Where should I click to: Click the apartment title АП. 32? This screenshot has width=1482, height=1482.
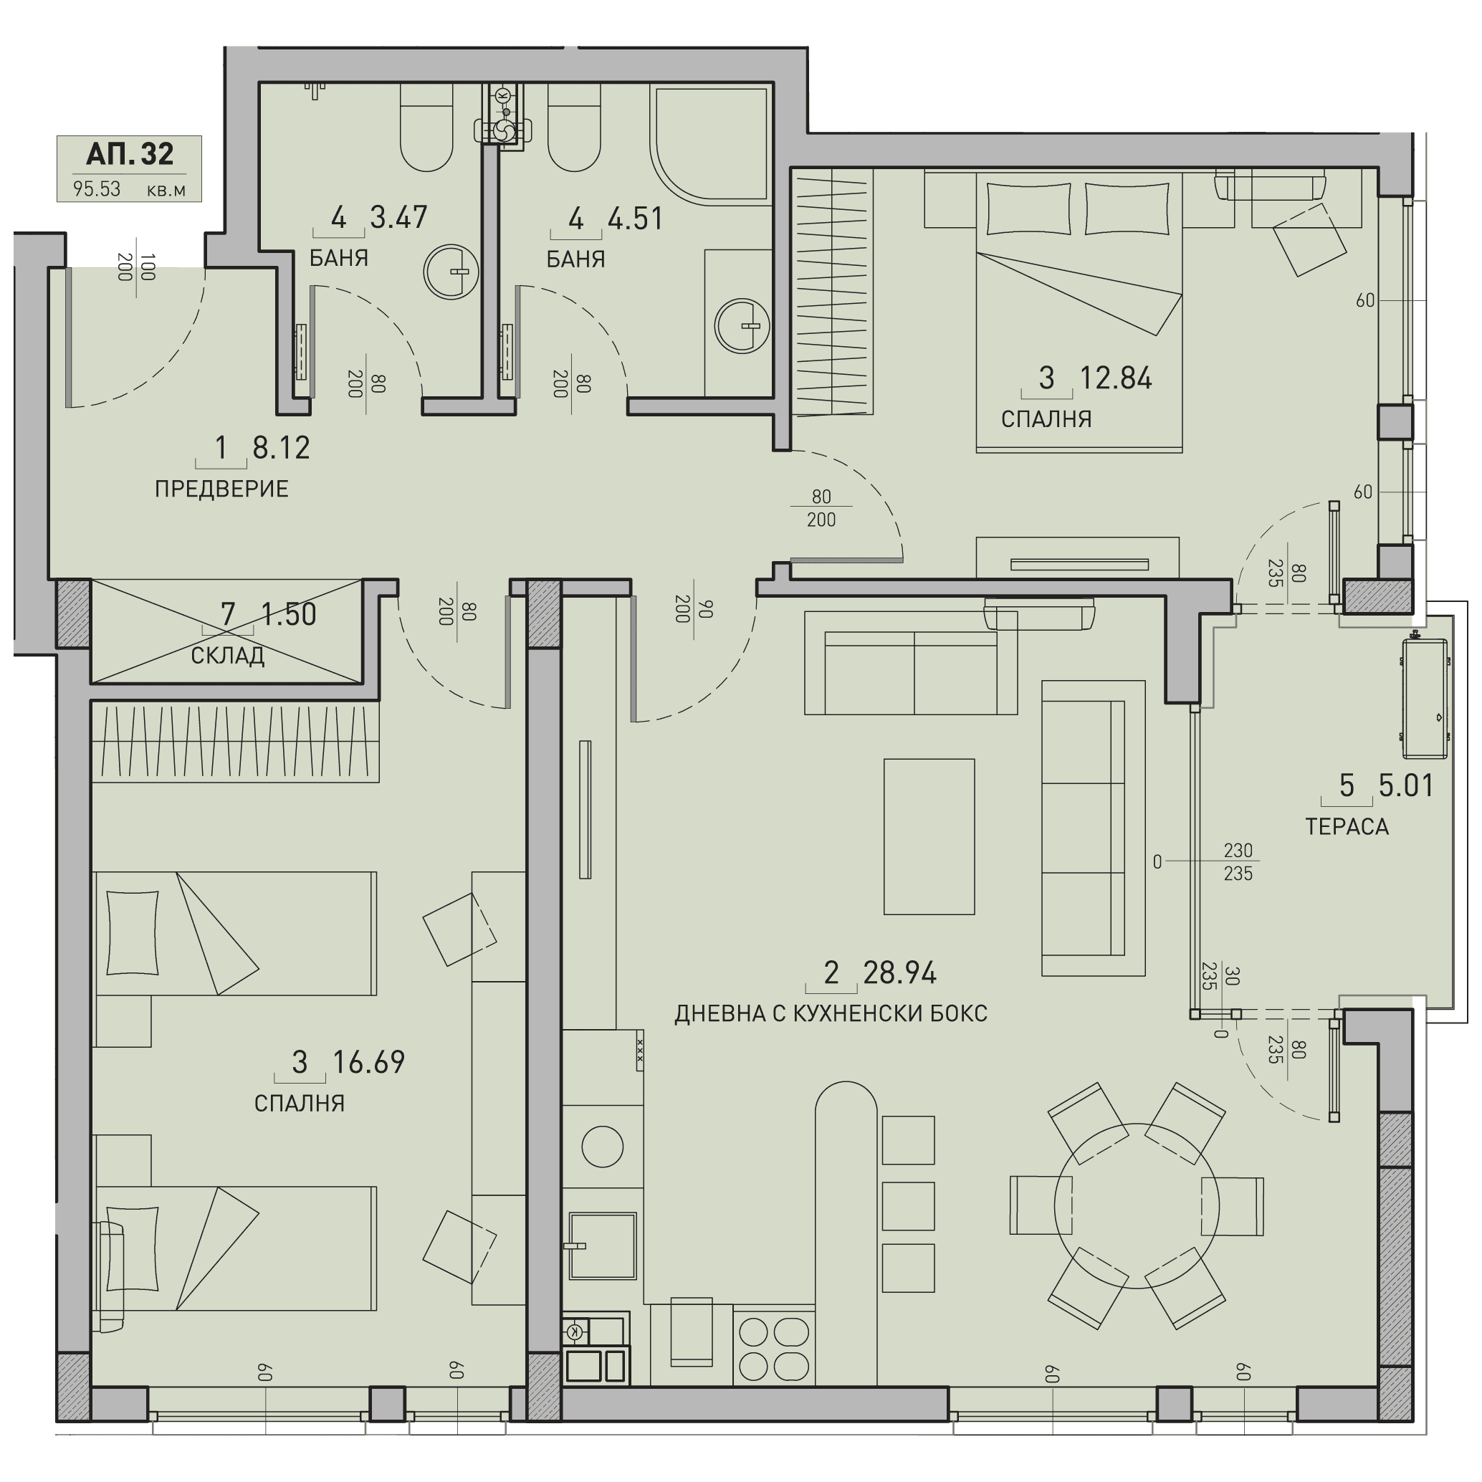(130, 154)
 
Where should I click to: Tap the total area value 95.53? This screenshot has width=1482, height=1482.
(97, 188)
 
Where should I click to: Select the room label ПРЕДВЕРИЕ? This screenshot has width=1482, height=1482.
(221, 489)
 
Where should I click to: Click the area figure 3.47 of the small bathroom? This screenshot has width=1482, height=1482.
(398, 217)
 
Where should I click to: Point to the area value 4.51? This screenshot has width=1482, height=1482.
(635, 219)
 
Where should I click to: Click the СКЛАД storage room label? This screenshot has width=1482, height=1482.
(228, 655)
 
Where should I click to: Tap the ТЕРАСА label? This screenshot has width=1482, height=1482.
(1347, 826)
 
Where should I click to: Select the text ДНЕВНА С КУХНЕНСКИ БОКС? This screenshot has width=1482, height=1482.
(831, 1013)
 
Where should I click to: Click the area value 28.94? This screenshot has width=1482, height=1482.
(900, 972)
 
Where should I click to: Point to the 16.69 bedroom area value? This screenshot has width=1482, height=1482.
(368, 1061)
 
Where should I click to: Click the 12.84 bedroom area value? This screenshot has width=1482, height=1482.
(1116, 378)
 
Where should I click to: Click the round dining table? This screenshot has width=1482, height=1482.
(1136, 1206)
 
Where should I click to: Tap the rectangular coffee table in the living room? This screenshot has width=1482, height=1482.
(929, 837)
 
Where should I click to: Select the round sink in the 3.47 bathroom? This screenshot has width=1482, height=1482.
(451, 272)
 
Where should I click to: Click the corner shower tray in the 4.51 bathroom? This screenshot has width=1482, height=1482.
(709, 145)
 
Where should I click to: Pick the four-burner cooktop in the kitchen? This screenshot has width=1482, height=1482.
(774, 1349)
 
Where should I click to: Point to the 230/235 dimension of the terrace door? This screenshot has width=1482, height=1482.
(1238, 861)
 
